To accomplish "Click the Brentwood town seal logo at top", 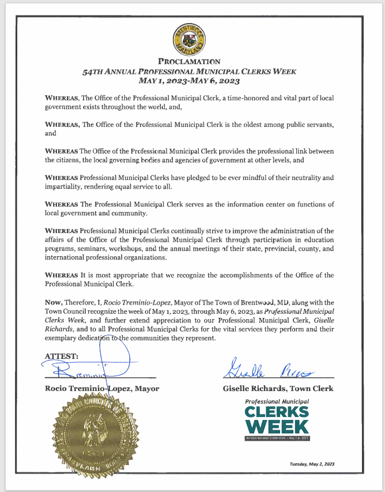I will coord(189,39).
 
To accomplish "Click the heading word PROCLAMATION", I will coord(189,61).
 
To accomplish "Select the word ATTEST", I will coord(62,356).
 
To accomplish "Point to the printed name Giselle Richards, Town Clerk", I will coord(278,388).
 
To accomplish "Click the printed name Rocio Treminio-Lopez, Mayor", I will coord(101,388).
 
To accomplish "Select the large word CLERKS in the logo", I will coord(277,412).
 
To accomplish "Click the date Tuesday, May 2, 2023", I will coord(311,464).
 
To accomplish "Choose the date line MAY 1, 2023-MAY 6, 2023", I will coord(189,81).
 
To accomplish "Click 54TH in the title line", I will coord(95,72).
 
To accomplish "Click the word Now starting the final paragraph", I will coord(54,302).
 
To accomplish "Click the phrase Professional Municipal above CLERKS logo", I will coord(277,401).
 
